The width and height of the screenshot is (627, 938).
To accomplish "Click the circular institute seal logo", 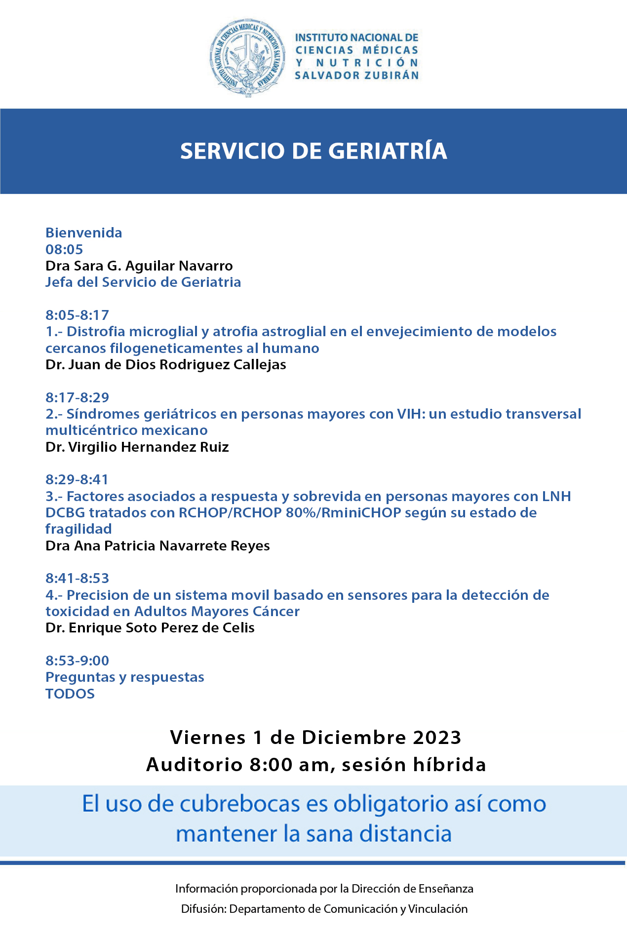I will click(x=247, y=58).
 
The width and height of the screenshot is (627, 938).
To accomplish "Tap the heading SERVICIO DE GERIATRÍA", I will click(x=313, y=151).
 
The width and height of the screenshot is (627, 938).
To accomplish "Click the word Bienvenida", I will click(x=83, y=233).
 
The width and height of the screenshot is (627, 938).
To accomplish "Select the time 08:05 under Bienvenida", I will click(x=64, y=249).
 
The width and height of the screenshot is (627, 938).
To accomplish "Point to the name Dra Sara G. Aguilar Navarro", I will click(x=139, y=266).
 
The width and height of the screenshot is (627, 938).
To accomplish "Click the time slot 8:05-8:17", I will click(x=77, y=315).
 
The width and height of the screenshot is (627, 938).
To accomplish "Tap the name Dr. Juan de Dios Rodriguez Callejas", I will click(x=165, y=364).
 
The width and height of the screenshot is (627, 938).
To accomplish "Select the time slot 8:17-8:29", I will click(x=77, y=397).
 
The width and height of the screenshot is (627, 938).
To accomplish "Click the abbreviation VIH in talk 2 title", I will click(x=411, y=414).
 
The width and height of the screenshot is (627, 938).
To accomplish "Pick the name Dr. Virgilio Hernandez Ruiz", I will click(x=137, y=447).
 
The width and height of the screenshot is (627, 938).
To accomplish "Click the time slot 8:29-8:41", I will click(x=77, y=479).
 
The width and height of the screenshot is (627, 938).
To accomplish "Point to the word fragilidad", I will click(x=78, y=529).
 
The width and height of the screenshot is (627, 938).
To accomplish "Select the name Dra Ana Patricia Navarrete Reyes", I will click(x=157, y=546).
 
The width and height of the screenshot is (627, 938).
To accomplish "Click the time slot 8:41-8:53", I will click(x=77, y=578).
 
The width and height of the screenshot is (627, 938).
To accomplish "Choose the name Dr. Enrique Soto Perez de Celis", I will click(x=150, y=628).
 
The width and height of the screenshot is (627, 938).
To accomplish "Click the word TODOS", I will click(x=70, y=694).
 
